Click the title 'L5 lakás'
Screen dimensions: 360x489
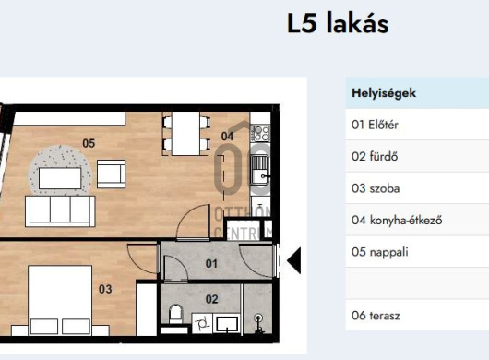point(338,23)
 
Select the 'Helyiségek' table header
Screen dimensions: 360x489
point(383,93)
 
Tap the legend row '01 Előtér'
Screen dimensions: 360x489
point(376,125)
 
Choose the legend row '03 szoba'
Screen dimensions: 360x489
point(376,187)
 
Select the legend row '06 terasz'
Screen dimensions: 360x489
point(376,315)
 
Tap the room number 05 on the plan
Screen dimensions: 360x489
point(89,143)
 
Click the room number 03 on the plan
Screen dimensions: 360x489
point(104,289)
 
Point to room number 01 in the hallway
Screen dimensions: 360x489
point(211,264)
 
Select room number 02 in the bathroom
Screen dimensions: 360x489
point(211,298)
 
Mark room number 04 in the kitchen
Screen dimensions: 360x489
point(228,137)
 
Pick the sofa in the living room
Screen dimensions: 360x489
point(60,210)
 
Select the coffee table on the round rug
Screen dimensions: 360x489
point(61,174)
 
